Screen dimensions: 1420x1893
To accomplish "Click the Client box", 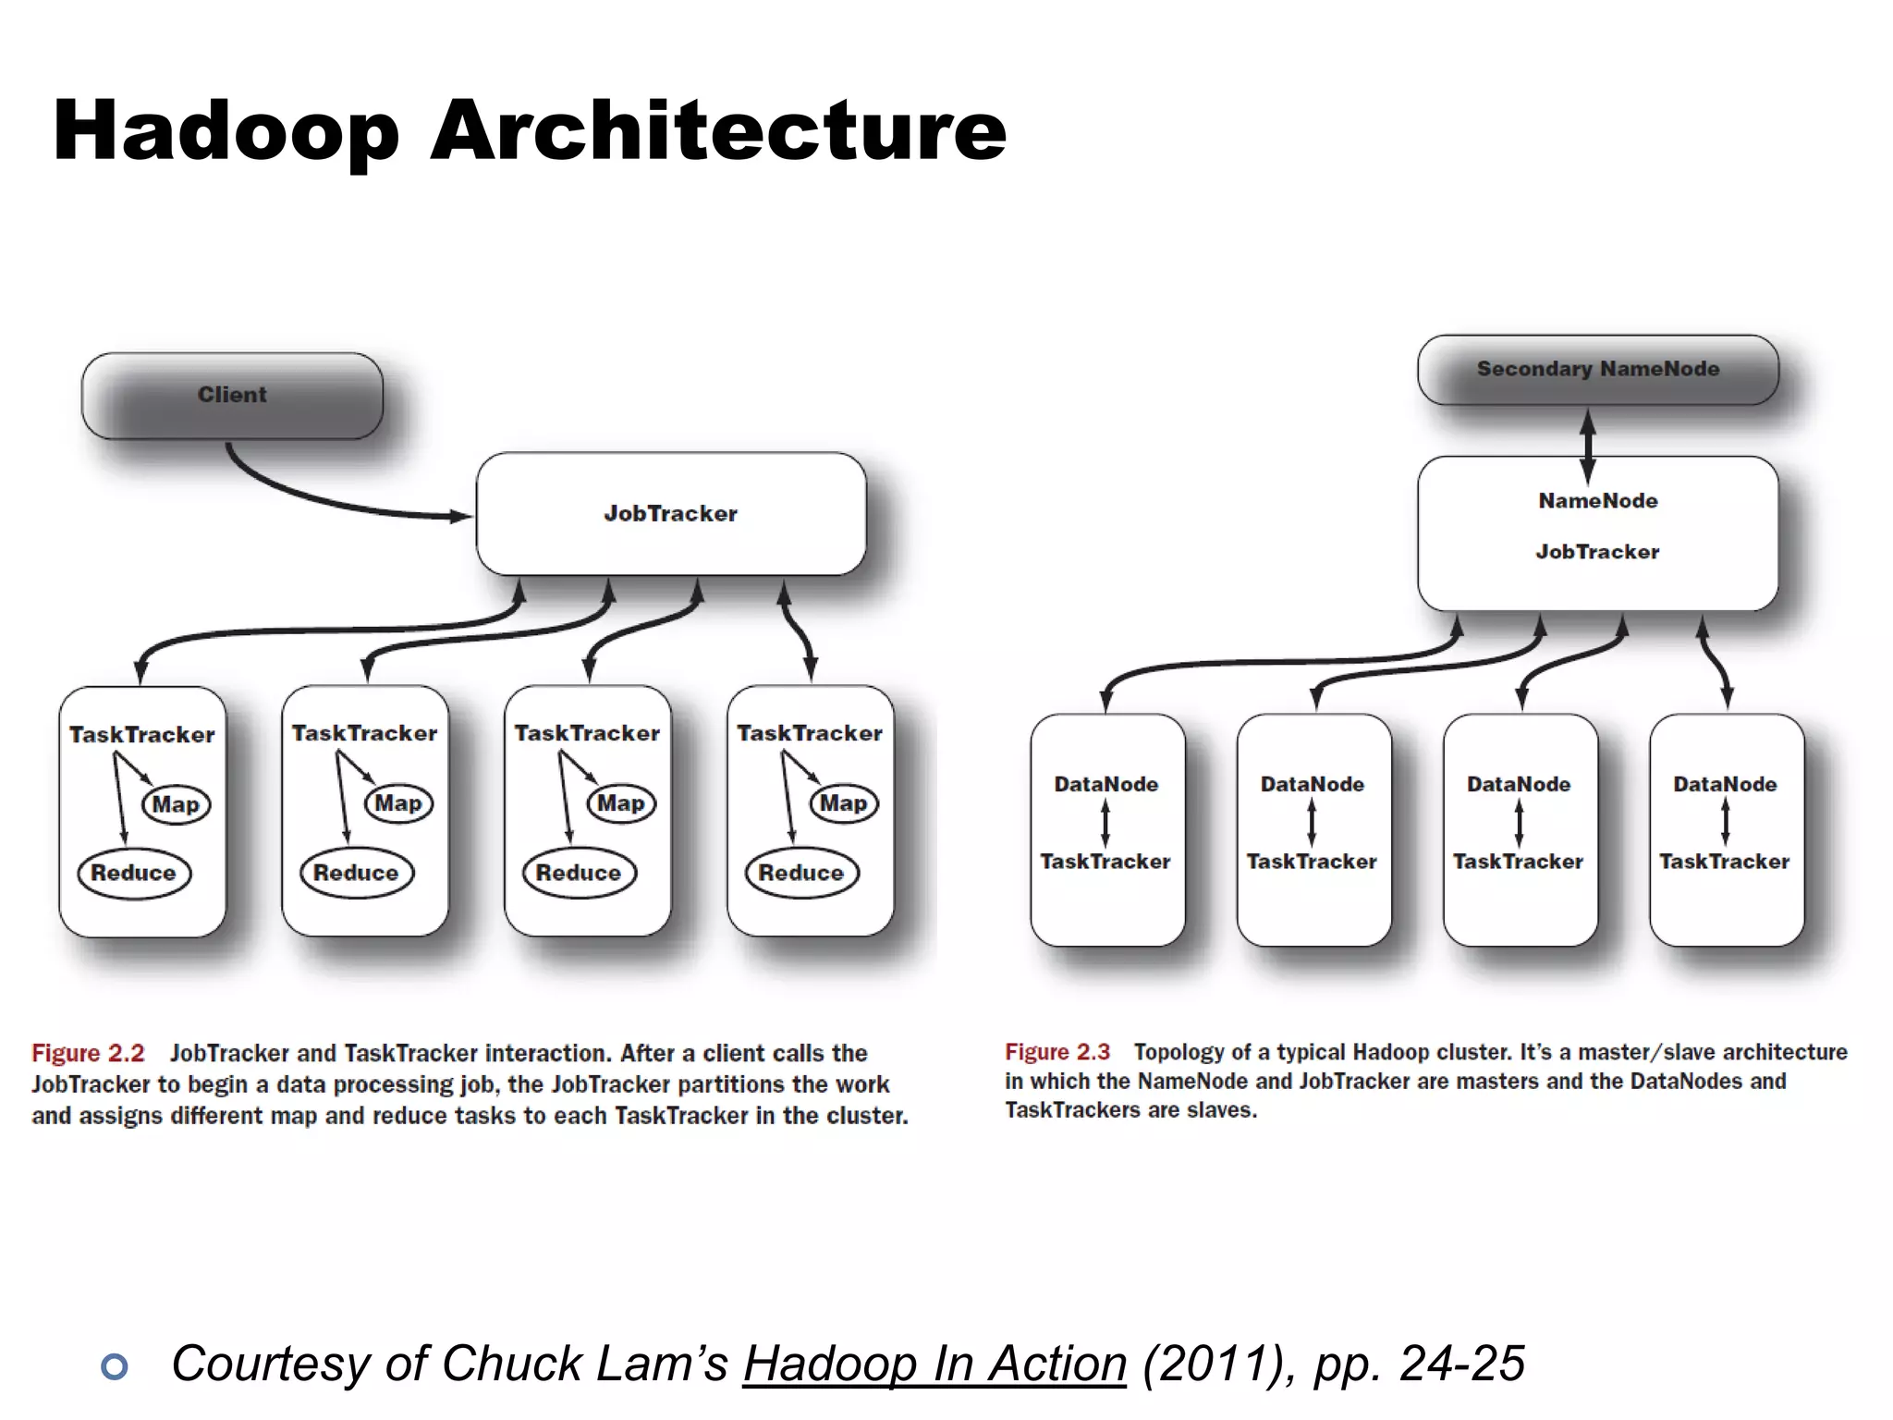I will click(232, 395).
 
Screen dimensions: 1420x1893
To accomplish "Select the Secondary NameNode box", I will click(1597, 369).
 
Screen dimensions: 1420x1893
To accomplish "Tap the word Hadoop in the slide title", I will click(226, 131).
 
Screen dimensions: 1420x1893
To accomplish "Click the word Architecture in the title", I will click(718, 131).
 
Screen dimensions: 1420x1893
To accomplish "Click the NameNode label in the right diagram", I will click(1597, 501).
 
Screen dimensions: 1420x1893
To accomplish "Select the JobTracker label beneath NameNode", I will click(1597, 552).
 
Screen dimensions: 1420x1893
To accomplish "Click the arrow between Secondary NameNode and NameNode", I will click(1588, 447).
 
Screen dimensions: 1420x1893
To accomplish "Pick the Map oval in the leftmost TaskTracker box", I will click(176, 804).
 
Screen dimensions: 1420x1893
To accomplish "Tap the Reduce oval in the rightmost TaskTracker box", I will click(801, 873).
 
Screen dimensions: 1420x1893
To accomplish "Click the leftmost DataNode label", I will click(1106, 785).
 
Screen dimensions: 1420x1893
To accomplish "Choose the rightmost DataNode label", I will click(1725, 785).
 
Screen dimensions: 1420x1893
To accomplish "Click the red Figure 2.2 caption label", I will click(88, 1053).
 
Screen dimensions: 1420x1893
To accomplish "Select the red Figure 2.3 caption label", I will click(1057, 1052).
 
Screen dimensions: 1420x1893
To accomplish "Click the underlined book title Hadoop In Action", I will click(934, 1364).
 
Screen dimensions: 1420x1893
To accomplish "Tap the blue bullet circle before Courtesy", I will click(115, 1366).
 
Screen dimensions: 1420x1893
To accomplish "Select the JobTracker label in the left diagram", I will click(671, 514).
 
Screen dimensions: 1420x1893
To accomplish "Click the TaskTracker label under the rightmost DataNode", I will click(1724, 862).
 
